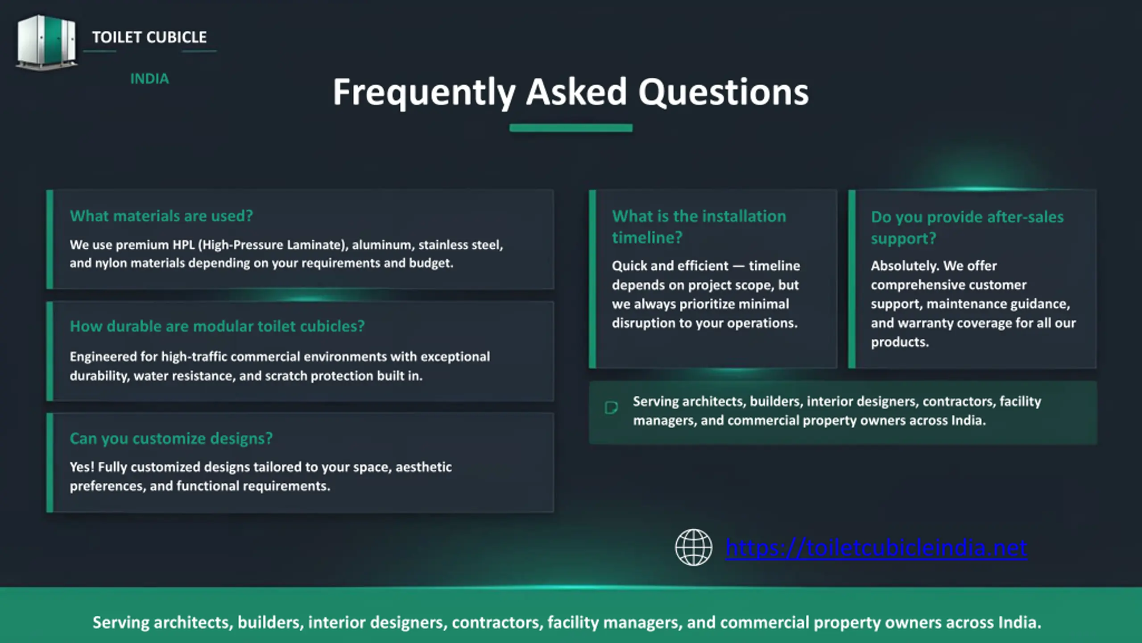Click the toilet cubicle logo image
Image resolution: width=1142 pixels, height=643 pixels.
[x=46, y=42]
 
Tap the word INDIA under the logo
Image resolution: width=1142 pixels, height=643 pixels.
[x=149, y=79]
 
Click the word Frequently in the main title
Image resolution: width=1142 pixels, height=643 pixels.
[x=424, y=93]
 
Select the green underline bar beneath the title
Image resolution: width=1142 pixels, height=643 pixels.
[x=571, y=128]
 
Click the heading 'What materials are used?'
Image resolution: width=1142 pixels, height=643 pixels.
[x=161, y=216]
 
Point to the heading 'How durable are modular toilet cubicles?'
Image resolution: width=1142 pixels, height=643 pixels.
[x=217, y=326]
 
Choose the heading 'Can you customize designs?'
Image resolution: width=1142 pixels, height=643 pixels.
[x=171, y=438]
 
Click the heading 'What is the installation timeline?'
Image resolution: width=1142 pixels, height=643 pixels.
[x=699, y=227]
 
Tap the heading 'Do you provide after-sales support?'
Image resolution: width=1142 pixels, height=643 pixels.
[x=967, y=227]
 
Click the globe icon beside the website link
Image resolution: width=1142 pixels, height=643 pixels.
[x=694, y=547]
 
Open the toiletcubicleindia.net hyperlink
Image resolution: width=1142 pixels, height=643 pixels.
[x=877, y=548]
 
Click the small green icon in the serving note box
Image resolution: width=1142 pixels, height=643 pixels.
[x=611, y=408]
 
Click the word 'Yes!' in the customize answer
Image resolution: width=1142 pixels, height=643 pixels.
[x=82, y=467]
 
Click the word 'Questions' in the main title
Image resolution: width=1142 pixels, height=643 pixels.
[x=723, y=92]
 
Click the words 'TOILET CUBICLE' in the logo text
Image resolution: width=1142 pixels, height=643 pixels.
[x=149, y=37]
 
